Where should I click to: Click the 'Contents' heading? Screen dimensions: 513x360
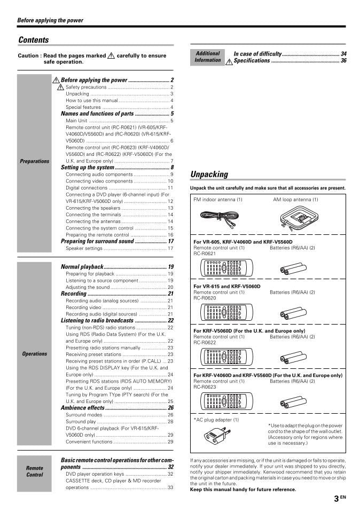pos(34,40)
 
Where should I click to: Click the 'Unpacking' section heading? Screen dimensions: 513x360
pos(209,175)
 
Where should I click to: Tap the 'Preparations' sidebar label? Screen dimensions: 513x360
pos(34,161)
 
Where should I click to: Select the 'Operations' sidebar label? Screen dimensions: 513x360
pos(34,354)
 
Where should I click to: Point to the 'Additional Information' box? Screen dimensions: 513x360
pos(207,57)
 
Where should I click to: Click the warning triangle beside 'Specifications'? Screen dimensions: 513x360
pos(229,61)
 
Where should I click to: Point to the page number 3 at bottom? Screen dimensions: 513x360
pos(336,499)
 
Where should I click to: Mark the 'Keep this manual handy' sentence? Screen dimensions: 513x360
pos(243,490)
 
